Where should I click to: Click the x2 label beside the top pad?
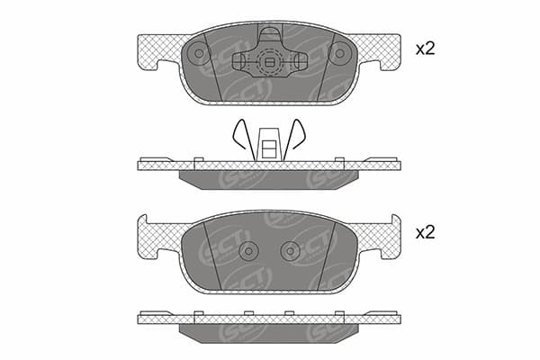pos(426,49)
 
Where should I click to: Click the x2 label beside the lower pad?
pos(426,233)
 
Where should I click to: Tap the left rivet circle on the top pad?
pos(199,53)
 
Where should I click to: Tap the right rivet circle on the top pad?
pos(339,53)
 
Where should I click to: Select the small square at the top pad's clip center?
pos(269,62)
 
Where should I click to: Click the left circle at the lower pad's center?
pos(248,251)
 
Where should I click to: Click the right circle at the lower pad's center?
pos(290,251)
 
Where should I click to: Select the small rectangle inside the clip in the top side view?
pos(269,149)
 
